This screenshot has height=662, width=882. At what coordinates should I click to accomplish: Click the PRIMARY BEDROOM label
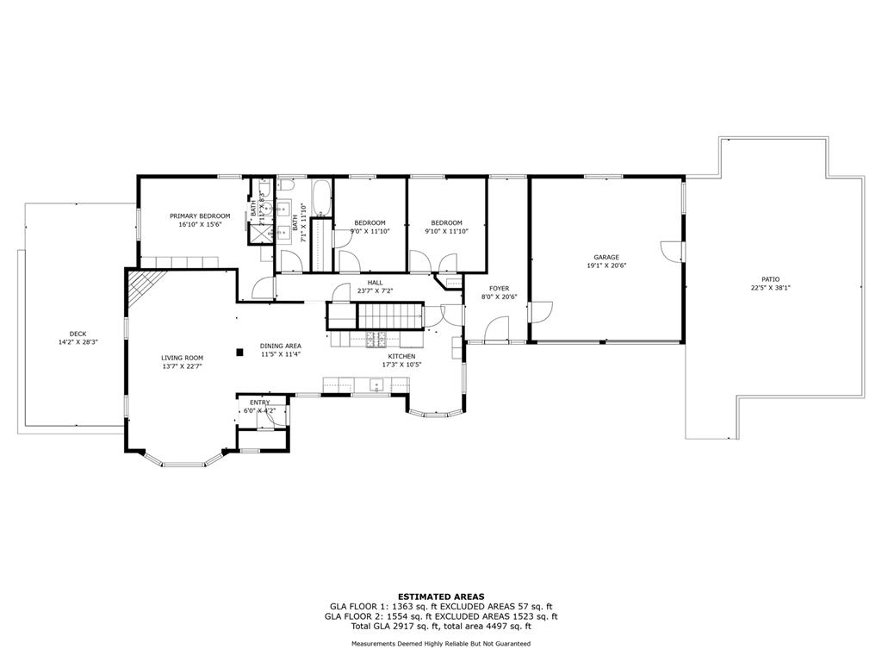coord(200,216)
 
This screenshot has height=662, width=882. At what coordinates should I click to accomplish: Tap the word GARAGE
coord(606,257)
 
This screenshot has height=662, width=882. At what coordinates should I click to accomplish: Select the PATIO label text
coord(771,279)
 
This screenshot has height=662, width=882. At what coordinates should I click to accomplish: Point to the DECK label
coord(78,334)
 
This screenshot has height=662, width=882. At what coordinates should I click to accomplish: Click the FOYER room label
coord(499,289)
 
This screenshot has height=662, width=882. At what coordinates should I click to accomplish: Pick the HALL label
coord(376,283)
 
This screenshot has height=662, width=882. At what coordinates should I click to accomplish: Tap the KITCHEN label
coord(401,356)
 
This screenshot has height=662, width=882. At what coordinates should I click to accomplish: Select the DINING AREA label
coord(280,347)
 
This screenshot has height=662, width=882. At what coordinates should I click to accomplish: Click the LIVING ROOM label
coord(183,358)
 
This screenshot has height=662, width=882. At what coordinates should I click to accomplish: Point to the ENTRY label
coord(260,403)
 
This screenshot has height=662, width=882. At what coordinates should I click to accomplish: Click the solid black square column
coord(239,353)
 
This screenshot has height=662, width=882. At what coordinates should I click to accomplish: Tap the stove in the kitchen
coord(376,339)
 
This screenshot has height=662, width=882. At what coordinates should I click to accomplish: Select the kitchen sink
coord(376,385)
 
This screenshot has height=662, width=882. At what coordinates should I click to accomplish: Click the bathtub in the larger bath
coord(322,197)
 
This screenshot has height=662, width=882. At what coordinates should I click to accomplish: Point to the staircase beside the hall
coord(390,315)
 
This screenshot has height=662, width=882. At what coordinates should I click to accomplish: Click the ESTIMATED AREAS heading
coord(441,596)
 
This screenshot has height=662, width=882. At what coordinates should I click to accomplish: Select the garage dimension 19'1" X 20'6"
coord(606,265)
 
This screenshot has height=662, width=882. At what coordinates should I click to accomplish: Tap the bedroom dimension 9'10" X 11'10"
coord(447,231)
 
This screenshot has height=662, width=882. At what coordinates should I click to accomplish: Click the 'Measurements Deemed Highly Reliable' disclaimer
coord(441,643)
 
